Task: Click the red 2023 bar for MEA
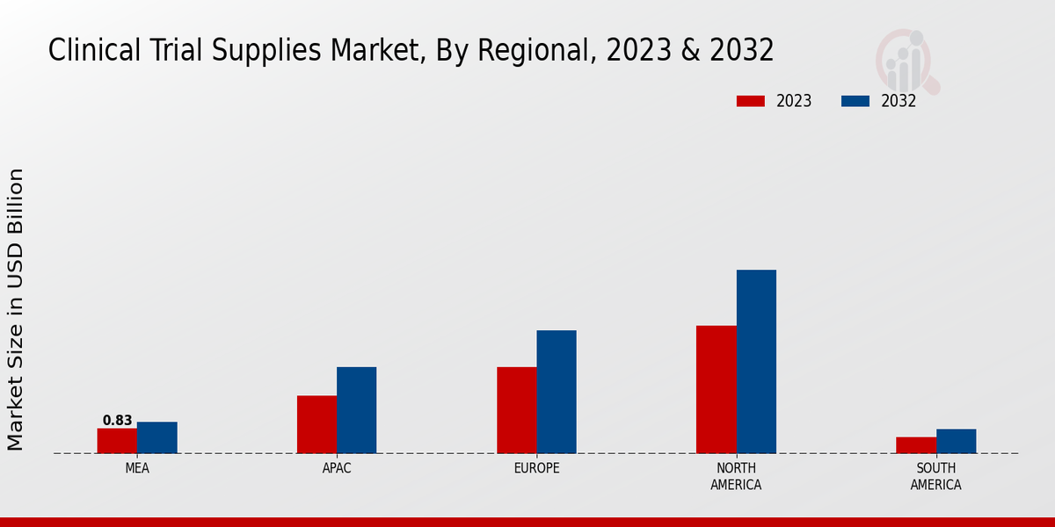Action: [117, 441]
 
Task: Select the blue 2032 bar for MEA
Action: [157, 437]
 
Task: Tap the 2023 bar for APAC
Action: [316, 424]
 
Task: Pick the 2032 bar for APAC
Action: [357, 410]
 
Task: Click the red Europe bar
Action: [517, 410]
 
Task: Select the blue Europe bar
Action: [557, 392]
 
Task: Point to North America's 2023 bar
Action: [717, 389]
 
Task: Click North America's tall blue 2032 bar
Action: [756, 361]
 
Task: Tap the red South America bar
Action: [916, 445]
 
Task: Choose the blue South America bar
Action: [956, 441]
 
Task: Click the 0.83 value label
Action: [117, 421]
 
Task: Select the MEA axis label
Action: [137, 468]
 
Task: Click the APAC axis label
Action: [337, 468]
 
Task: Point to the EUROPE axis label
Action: [536, 468]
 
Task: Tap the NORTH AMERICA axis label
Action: [736, 476]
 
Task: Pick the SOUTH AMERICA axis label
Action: [935, 476]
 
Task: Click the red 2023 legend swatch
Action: [751, 101]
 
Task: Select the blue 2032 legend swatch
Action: [855, 101]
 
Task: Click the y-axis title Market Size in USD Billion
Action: [16, 309]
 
